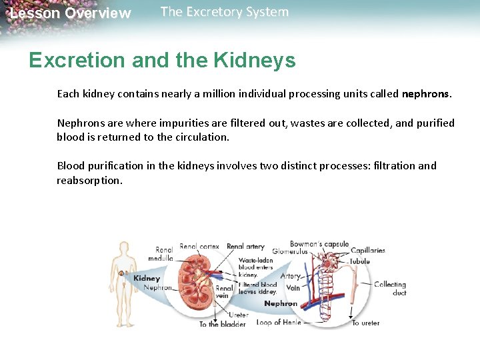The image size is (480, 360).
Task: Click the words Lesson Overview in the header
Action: pos(70,13)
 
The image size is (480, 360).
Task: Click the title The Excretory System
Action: pos(225,12)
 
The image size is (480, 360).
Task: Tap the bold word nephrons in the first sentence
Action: pos(426,94)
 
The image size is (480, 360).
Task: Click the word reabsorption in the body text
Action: pos(89,181)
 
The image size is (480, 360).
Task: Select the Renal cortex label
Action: pos(200,247)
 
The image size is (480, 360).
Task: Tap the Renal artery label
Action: pos(245,247)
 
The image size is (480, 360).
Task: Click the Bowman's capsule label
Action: pos(319,244)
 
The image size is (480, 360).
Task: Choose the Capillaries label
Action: pos(367,251)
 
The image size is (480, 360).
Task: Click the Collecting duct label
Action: pos(390,288)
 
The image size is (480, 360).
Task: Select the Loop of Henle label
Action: pos(279,323)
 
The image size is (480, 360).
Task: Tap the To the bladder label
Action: pos(223,324)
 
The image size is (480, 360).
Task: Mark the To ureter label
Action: pos(365,323)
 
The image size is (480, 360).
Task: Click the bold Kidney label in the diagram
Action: pos(147,278)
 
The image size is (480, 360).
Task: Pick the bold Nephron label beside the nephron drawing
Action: pos(281,303)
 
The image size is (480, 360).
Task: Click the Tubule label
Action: pos(360,261)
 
